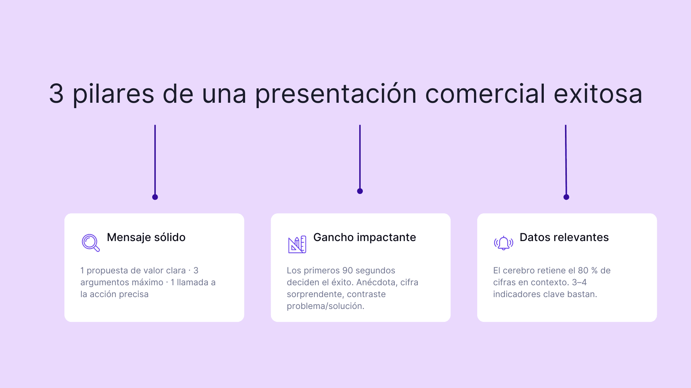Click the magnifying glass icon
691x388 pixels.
[x=90, y=243]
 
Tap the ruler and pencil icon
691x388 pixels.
[x=297, y=244]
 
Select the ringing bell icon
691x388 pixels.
[x=503, y=243]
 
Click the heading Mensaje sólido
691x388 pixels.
[x=146, y=237]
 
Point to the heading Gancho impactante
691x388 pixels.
[x=365, y=237]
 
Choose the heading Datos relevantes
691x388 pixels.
[x=564, y=237]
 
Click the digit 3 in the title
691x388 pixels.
[x=57, y=94]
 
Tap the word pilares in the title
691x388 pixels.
[x=113, y=94]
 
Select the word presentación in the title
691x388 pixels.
[x=335, y=94]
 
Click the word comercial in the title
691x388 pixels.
[x=485, y=94]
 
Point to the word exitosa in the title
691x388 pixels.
[x=598, y=94]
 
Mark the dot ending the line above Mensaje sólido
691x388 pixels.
[x=155, y=197]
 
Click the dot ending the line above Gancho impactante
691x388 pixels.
[x=360, y=191]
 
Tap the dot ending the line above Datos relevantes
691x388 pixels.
[x=566, y=197]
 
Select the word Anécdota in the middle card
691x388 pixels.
[x=376, y=282]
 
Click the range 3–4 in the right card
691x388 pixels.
[x=579, y=282]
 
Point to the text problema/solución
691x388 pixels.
[x=325, y=306]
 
